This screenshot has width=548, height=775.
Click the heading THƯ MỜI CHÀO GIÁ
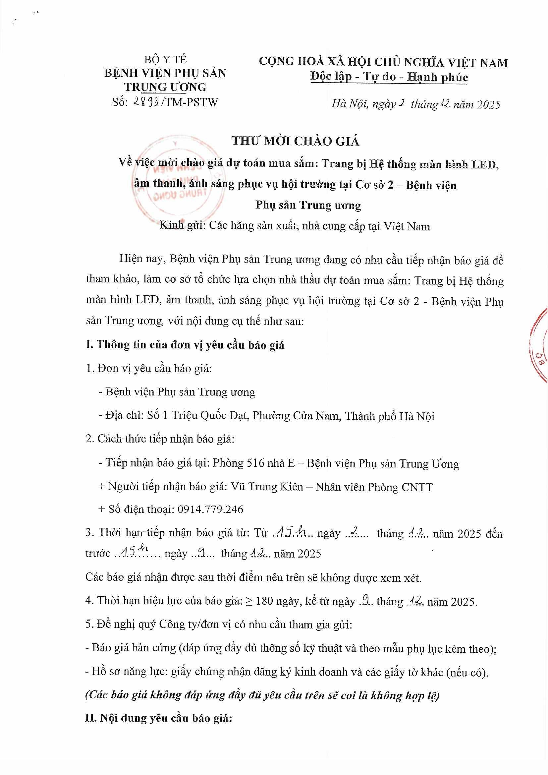point(295,141)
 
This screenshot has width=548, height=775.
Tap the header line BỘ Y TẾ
point(165,60)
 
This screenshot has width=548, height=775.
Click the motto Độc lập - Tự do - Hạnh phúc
point(389,77)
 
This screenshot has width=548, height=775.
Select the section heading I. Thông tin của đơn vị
point(185,344)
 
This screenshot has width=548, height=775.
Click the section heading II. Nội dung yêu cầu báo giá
point(159,718)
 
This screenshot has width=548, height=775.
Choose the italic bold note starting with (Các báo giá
point(262,695)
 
